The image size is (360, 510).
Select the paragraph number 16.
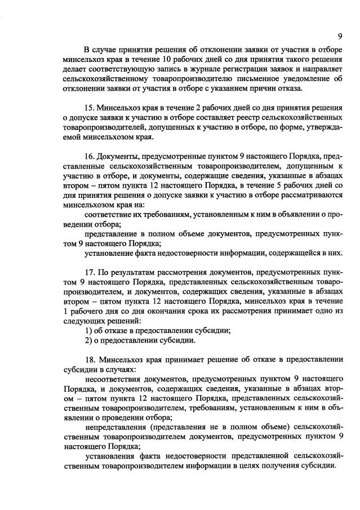click(88, 156)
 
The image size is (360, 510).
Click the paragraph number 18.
click(88, 359)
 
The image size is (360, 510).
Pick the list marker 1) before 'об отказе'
click(88, 330)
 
